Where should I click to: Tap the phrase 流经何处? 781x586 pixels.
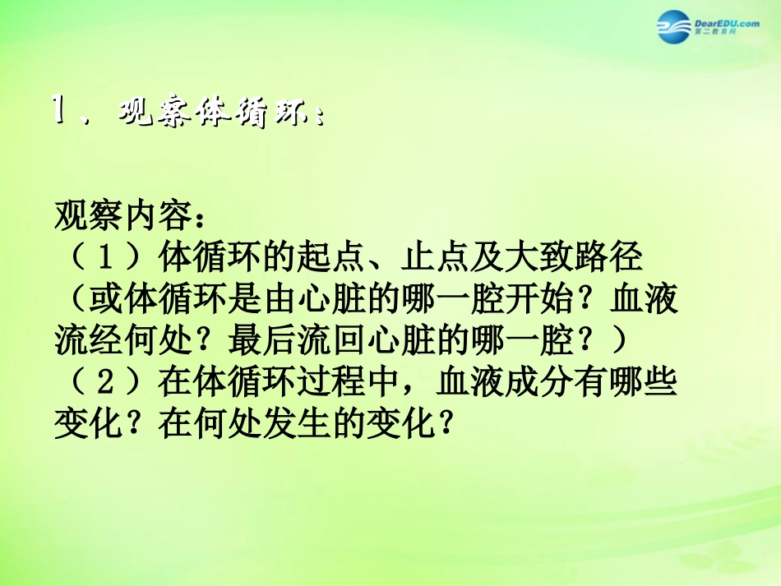(x=123, y=341)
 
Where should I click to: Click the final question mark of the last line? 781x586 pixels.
(x=445, y=425)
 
